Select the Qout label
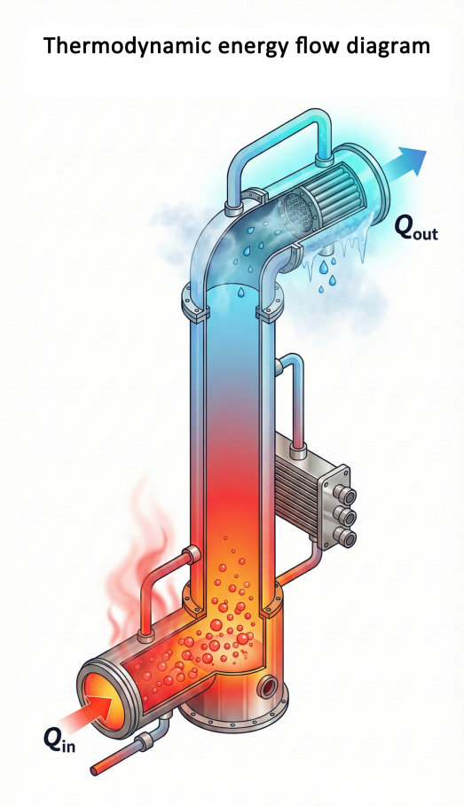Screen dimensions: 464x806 416,228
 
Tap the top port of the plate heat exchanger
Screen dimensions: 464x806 344,496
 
